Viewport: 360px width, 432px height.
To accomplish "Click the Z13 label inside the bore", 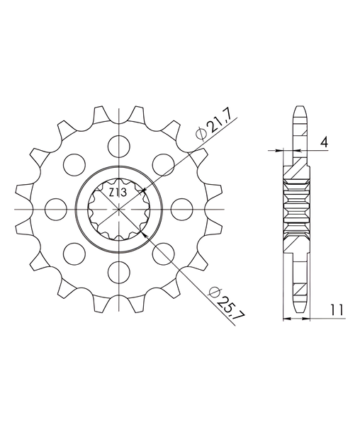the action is pyautogui.click(x=118, y=193).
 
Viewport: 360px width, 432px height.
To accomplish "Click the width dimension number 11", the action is pyautogui.click(x=337, y=310).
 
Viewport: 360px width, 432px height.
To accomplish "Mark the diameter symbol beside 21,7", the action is pyautogui.click(x=201, y=134).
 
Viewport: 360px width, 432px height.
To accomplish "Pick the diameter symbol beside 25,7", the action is pyautogui.click(x=214, y=292).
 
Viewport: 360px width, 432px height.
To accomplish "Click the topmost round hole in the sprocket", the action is pyautogui.click(x=119, y=147).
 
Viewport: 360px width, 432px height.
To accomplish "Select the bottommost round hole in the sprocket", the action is pyautogui.click(x=119, y=272).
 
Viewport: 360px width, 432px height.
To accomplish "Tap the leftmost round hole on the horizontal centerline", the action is pyautogui.click(x=56, y=209).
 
